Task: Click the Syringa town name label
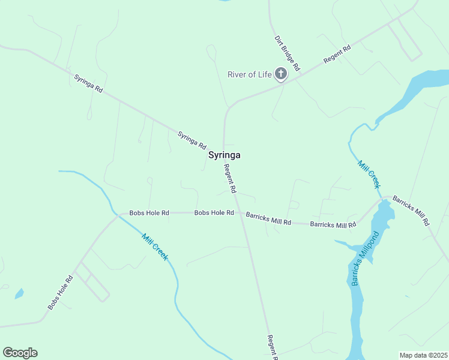224,155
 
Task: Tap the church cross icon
280,74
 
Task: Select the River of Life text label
250,74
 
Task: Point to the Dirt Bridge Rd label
287,53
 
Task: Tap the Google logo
20,353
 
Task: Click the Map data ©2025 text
423,355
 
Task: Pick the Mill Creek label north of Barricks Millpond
369,174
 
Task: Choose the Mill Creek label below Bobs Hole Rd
155,246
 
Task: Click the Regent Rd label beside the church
337,55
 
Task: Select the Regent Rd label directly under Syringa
230,179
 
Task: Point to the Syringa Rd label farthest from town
89,84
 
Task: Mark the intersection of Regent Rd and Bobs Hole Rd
239,213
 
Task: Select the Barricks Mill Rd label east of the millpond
411,210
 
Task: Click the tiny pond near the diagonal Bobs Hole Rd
19,294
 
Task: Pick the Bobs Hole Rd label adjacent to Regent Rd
214,213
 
